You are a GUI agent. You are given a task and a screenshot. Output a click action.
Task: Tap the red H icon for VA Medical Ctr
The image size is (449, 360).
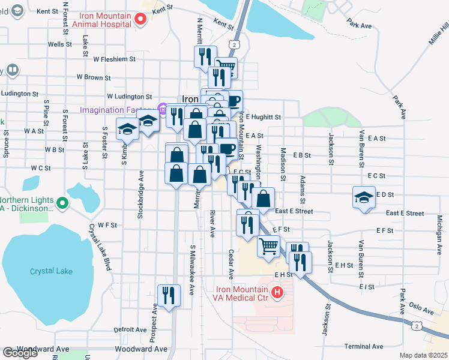277,292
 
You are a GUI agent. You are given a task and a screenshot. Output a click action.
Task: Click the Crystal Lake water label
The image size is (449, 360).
51,271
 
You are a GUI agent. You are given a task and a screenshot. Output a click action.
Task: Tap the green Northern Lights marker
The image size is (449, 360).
62,205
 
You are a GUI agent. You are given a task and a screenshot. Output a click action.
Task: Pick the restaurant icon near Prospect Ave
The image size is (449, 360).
169,295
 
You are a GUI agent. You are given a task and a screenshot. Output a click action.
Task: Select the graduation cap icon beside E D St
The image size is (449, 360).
363,197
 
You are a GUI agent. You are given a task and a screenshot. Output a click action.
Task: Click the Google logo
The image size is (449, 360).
20,353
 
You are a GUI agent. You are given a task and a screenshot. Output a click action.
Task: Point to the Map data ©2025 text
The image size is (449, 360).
423,355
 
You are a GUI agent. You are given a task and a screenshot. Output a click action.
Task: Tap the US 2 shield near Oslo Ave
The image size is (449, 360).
416,325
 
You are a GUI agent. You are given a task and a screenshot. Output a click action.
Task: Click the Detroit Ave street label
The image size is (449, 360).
130,329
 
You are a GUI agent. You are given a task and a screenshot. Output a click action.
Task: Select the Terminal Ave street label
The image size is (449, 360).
364,346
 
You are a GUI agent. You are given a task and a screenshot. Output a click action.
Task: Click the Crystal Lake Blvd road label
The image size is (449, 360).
100,247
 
